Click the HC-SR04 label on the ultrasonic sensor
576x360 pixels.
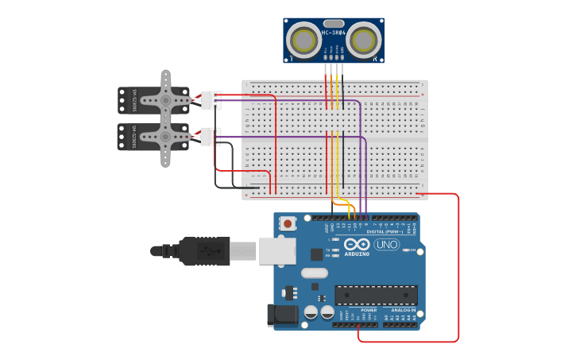coord(334,33)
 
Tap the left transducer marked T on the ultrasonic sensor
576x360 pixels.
coord(303,40)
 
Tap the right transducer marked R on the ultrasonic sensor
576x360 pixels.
coord(364,40)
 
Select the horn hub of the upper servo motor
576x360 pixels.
coord(166,100)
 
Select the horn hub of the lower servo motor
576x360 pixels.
coord(166,137)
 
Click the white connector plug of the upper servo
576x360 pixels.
coord(210,100)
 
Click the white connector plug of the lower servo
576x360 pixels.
coord(210,137)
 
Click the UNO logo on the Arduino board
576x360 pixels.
coord(387,245)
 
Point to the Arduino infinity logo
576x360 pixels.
coord(357,245)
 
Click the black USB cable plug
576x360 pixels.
coord(203,251)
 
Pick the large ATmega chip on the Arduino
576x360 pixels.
coord(376,296)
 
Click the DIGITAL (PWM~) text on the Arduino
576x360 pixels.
coord(385,231)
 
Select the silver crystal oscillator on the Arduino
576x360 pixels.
coord(314,273)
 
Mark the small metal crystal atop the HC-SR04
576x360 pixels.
coord(334,24)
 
